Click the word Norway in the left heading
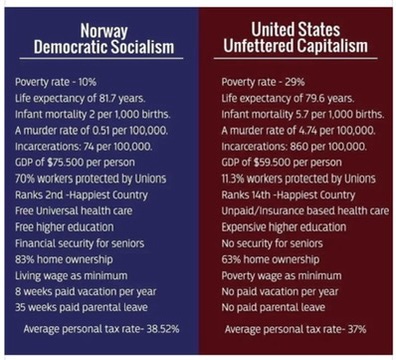pos(104,31)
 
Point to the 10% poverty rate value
pos(87,82)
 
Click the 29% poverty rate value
pos(295,82)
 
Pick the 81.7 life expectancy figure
pos(107,98)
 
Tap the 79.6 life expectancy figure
pos(315,98)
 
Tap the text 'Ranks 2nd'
pos(39,195)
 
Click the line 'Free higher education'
pos(64,227)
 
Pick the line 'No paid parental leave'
pos(273,307)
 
